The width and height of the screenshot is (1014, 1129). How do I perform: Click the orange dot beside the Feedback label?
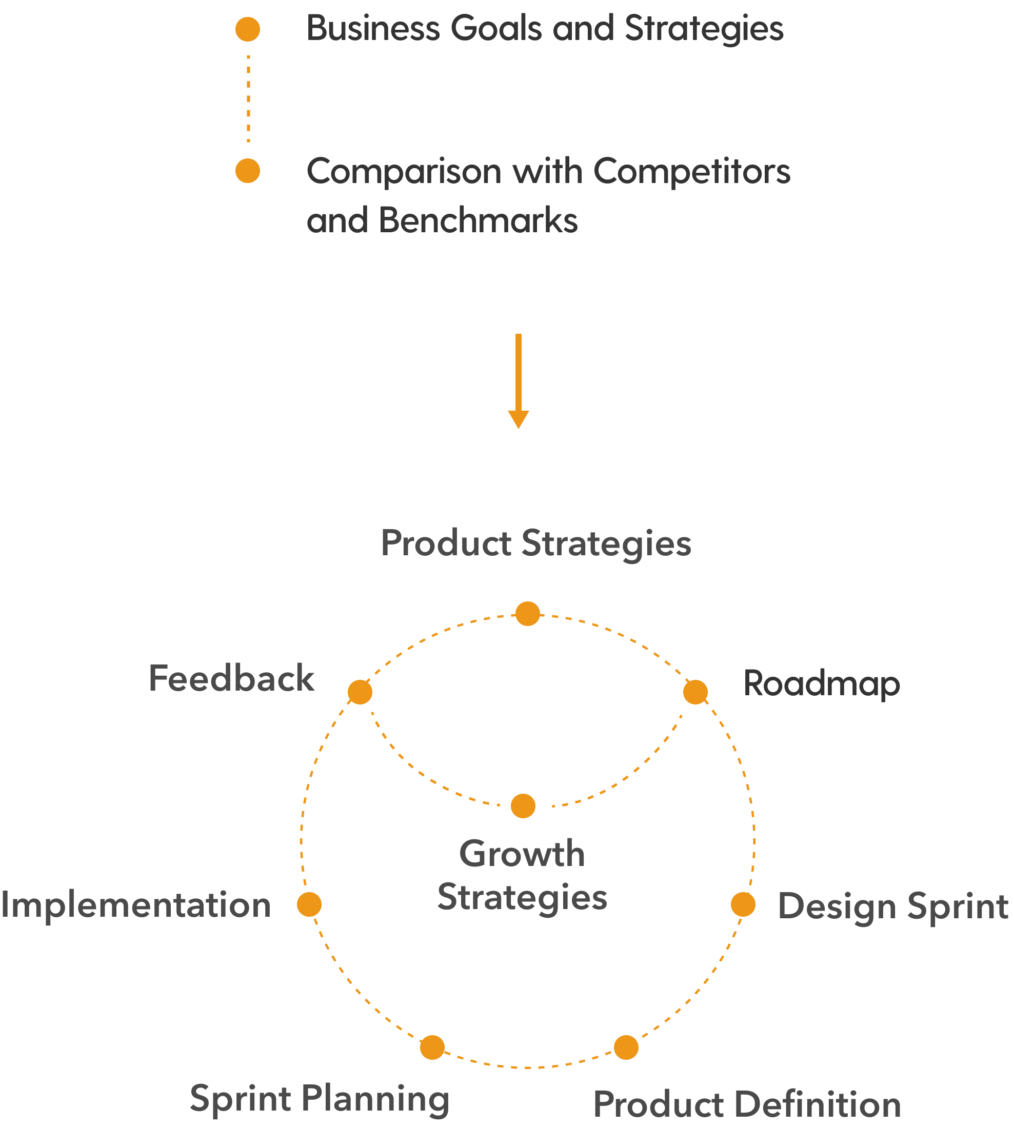[x=360, y=692]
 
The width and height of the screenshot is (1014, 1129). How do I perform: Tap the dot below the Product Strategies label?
[x=528, y=614]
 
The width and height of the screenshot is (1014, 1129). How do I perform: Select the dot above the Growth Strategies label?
[x=523, y=806]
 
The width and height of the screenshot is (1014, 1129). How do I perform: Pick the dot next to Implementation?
[x=309, y=904]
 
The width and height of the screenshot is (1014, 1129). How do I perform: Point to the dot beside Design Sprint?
[x=743, y=904]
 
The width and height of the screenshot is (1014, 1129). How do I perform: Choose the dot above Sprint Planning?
[x=432, y=1047]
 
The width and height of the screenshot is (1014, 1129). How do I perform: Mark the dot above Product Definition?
[x=626, y=1047]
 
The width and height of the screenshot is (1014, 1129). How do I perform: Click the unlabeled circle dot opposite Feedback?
[x=695, y=692]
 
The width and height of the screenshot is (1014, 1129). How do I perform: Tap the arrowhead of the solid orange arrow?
[x=518, y=419]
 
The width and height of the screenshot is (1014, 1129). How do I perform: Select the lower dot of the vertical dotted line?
[x=248, y=171]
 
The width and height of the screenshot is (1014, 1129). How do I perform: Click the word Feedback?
[x=231, y=678]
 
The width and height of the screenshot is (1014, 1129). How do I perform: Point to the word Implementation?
[x=135, y=904]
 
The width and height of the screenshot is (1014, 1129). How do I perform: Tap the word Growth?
[x=522, y=854]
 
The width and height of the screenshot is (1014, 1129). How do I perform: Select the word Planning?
[x=375, y=1099]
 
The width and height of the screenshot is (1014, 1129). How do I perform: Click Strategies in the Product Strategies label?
[x=606, y=543]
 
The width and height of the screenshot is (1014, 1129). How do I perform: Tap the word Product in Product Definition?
[x=658, y=1104]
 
